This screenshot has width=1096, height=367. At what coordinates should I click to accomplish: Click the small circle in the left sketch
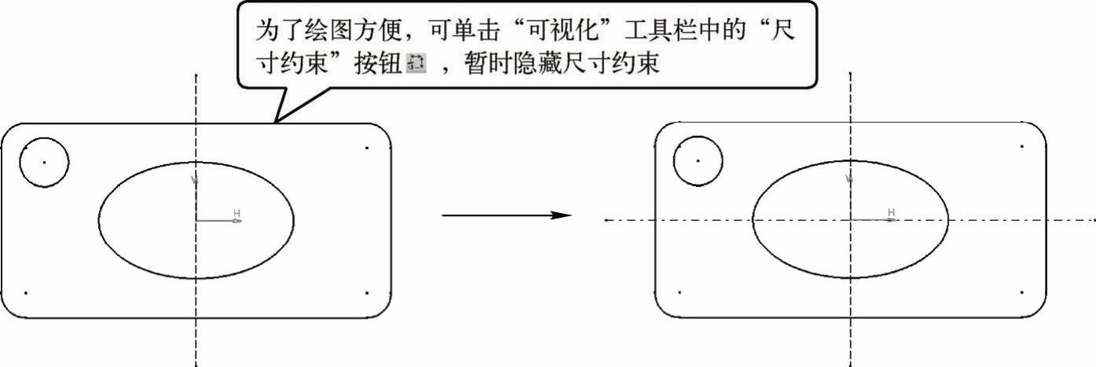coord(44,162)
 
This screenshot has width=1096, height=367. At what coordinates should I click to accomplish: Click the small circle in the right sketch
coord(698,161)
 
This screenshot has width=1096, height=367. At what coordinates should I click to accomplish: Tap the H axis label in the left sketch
coord(236,213)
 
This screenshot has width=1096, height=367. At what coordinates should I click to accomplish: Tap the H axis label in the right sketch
coord(891,212)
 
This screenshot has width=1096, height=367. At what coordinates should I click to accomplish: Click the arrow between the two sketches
coord(507,215)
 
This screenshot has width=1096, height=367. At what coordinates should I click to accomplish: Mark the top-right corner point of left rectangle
coord(367,147)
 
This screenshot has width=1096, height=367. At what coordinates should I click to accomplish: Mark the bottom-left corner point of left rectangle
coord(26,293)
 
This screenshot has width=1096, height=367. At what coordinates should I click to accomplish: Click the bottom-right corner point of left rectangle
coord(367,293)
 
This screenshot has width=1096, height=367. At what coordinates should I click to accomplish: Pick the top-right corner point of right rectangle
coord(1021,146)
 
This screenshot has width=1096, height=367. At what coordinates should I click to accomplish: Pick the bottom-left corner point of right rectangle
coord(680,292)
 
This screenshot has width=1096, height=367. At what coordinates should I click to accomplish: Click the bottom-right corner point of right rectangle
coord(1021,292)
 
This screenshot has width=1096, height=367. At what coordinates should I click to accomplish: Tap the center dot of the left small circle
coord(44,162)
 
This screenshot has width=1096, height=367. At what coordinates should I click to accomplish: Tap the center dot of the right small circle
coord(698,161)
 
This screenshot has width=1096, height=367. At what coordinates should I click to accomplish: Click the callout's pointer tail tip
coord(274,123)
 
